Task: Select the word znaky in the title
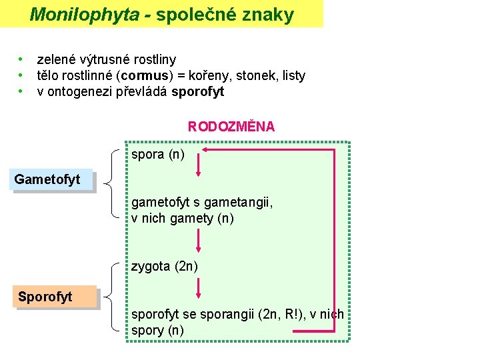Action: pyautogui.click(x=271, y=15)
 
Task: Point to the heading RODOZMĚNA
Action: pyautogui.click(x=231, y=127)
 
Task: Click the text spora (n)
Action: pyautogui.click(x=158, y=155)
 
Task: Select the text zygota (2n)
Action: pyautogui.click(x=165, y=267)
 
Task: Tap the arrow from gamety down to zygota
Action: pyautogui.click(x=198, y=240)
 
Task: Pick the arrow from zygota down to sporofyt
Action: pyautogui.click(x=198, y=287)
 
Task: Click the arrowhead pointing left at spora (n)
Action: pyautogui.click(x=206, y=150)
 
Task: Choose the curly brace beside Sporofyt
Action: pyautogui.click(x=113, y=297)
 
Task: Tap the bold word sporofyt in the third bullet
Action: pyautogui.click(x=198, y=92)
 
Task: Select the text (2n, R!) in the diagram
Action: pyautogui.click(x=275, y=314)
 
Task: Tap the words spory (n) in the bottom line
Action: pyautogui.click(x=158, y=330)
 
